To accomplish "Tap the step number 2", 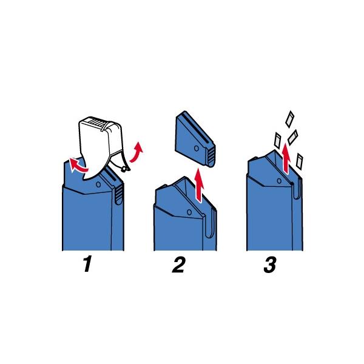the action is click(179, 265).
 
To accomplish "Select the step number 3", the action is click(270, 265).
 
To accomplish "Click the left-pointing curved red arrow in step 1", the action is click(77, 166).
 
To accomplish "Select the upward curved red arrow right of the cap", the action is click(136, 152).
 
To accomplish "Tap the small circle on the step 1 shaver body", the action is click(98, 184).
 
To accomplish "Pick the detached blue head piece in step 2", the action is click(195, 138).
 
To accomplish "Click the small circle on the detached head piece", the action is click(197, 148).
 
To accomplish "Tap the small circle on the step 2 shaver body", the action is click(189, 212).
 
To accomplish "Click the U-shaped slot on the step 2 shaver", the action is click(211, 224).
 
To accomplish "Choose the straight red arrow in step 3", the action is click(286, 158).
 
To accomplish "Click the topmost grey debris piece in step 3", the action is click(290, 120).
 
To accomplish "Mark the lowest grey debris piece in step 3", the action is click(300, 161).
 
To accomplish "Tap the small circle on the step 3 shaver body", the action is click(279, 181).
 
